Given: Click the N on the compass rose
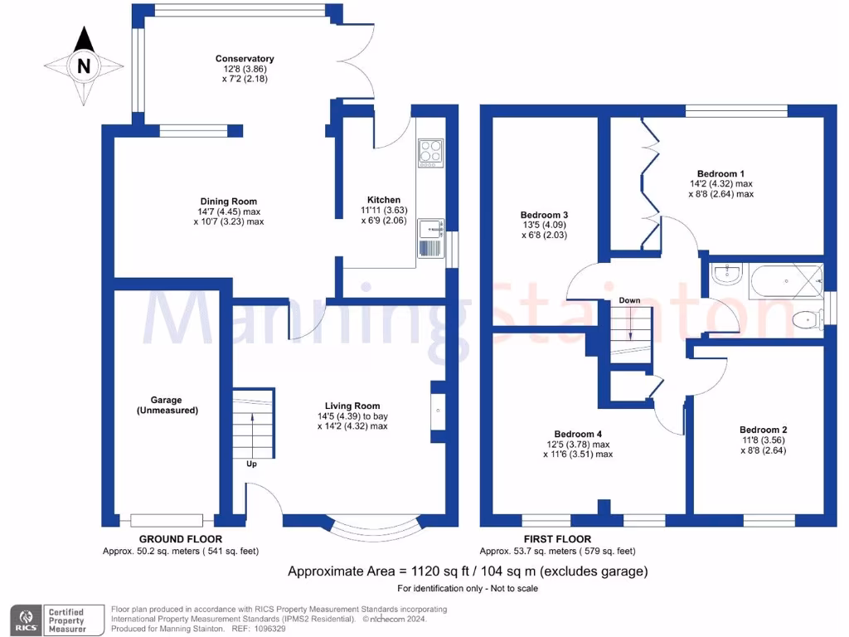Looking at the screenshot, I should [x=83, y=66].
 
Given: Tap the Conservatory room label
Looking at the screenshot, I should [x=245, y=59].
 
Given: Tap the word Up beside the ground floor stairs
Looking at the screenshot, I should [x=251, y=464].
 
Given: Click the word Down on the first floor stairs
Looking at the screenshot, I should [x=629, y=300].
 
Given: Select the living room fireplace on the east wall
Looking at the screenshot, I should [x=437, y=409].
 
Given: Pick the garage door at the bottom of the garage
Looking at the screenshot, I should [x=167, y=521].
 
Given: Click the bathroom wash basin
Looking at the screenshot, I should [x=726, y=275].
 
